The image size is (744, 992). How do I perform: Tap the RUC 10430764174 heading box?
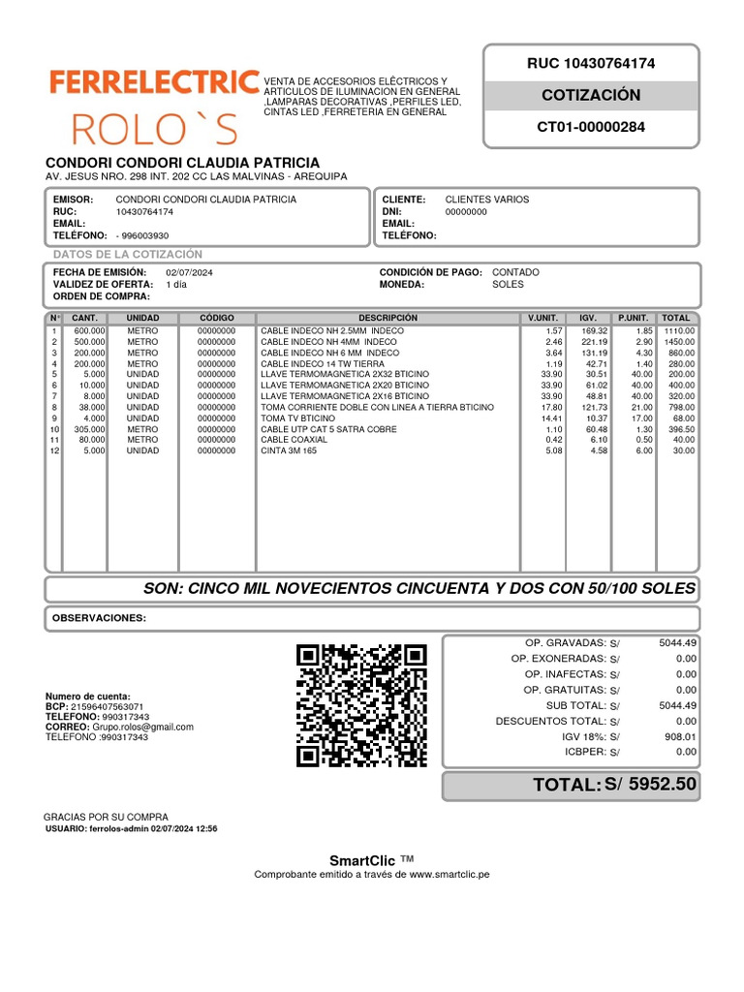590,64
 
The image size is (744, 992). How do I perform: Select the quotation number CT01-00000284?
590,127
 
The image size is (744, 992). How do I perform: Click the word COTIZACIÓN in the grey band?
590,95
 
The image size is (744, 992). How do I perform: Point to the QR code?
361,704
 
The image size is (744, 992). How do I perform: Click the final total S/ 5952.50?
650,785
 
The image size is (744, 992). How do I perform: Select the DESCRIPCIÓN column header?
387,318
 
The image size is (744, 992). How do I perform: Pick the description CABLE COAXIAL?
294,440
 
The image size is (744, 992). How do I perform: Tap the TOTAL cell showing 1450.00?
678,342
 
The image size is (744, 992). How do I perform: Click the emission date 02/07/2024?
189,273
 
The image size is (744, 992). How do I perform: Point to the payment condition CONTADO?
515,273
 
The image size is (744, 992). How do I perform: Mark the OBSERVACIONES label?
99,618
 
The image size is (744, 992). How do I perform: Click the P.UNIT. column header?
633,318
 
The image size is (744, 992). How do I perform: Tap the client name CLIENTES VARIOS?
487,200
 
